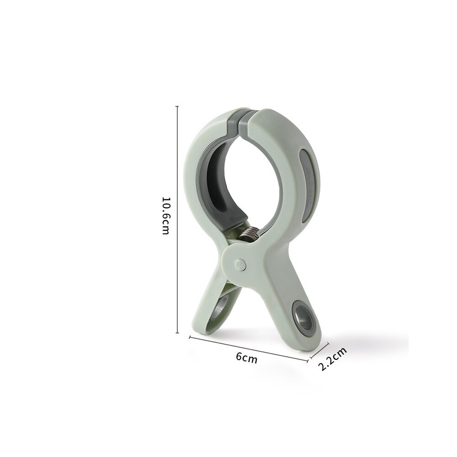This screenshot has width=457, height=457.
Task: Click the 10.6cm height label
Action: pos(165,216)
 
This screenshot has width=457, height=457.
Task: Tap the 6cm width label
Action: pos(247,358)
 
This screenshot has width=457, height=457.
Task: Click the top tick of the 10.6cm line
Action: pos(177,106)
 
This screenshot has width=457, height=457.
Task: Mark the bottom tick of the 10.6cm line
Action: pos(177,333)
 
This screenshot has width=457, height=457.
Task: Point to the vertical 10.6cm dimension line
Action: pos(177,219)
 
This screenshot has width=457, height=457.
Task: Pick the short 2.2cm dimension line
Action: pos(318,349)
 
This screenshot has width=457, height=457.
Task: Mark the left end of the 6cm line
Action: pos(190,337)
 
